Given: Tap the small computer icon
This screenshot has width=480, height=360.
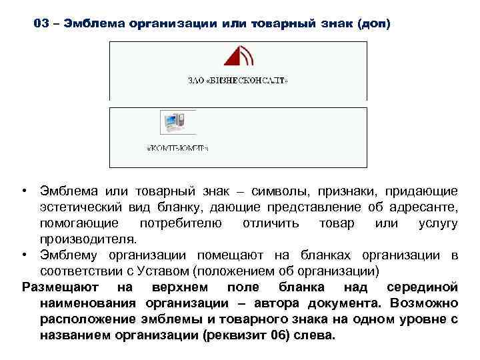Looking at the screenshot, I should (173, 123).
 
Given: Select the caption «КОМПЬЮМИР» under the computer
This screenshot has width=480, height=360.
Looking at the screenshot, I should (177, 149).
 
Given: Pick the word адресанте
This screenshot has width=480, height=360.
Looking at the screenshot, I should (427, 207).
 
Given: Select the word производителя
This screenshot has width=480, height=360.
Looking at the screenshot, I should (87, 239).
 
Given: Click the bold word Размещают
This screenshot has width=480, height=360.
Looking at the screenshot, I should (59, 287).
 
